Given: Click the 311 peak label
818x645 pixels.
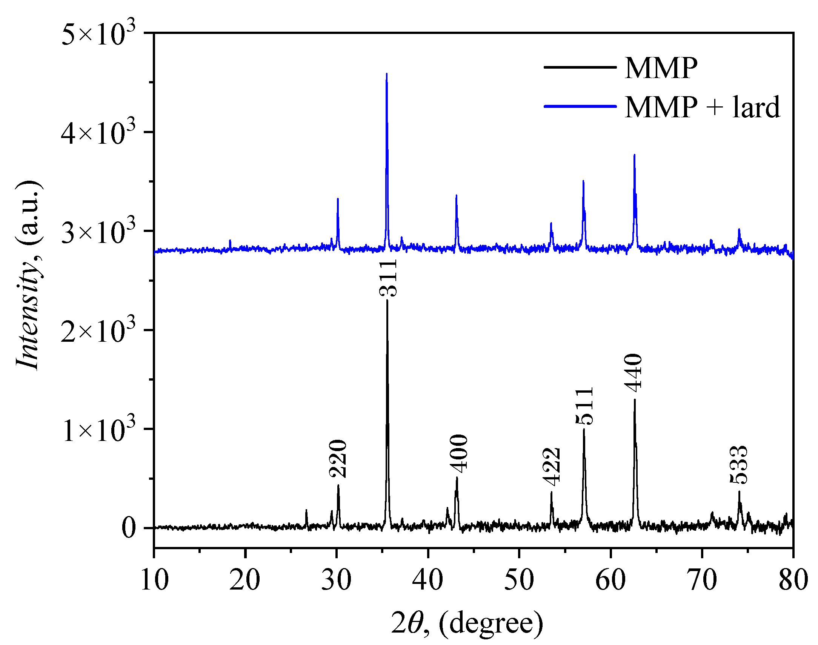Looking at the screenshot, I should click(x=388, y=278).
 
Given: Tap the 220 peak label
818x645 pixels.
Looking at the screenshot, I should click(x=338, y=458).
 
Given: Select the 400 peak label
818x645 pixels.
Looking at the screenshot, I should click(x=459, y=453).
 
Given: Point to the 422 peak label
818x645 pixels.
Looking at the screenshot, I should click(x=551, y=467).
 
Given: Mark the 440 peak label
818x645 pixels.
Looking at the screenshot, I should click(x=633, y=373).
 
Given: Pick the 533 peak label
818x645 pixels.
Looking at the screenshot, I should click(x=739, y=465).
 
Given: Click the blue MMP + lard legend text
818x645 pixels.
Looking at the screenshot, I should click(x=702, y=107).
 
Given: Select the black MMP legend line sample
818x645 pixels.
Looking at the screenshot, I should click(x=580, y=68).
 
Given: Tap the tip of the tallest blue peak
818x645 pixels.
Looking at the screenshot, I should click(x=386, y=74).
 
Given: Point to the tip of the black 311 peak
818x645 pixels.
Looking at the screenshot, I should click(x=387, y=300).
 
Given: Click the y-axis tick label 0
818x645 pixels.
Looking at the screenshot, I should click(x=129, y=528).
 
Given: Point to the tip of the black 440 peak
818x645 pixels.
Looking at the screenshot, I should click(x=635, y=399).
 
